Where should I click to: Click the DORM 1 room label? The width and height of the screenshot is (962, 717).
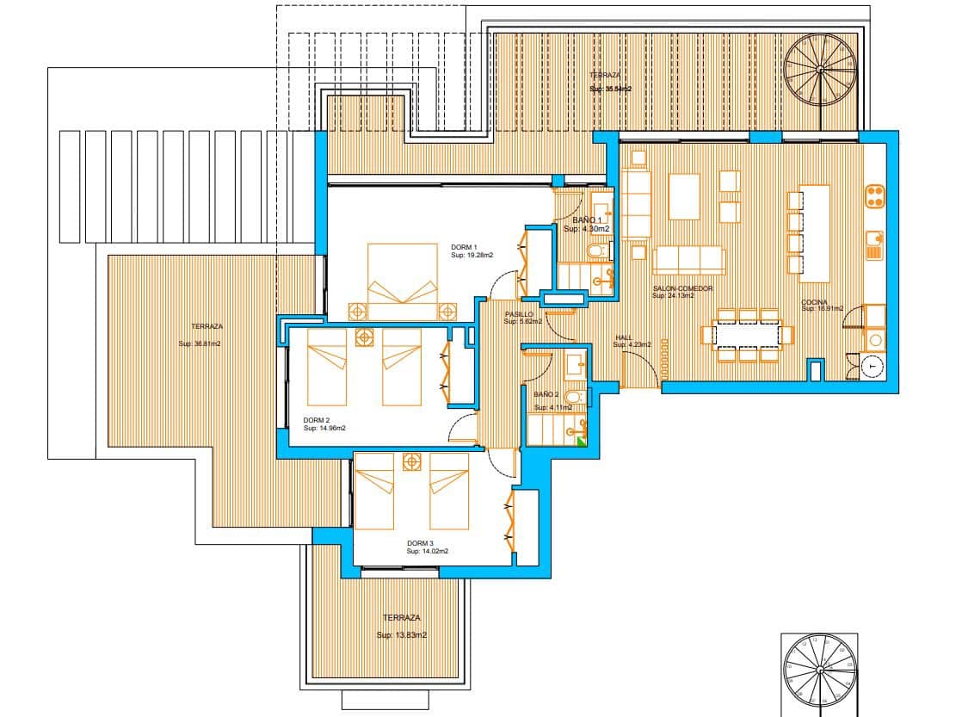(463, 247)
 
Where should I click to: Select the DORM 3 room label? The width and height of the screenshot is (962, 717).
(420, 543)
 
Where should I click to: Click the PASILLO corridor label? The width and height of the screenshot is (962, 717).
(518, 314)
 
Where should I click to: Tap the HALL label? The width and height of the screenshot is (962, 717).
(624, 337)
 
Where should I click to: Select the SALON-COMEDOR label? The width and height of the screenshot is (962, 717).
(682, 288)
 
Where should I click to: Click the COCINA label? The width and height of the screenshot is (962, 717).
(814, 302)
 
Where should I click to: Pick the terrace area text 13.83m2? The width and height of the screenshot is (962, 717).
(402, 635)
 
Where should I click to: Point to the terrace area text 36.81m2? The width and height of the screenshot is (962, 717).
(200, 343)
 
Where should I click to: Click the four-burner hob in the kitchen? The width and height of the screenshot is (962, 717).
(875, 196)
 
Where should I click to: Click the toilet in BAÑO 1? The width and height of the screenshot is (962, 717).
(595, 251)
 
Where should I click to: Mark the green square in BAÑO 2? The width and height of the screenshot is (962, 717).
(582, 442)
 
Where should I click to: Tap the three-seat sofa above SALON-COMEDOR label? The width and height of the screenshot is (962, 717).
(688, 260)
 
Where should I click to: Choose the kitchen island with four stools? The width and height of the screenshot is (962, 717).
(814, 233)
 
